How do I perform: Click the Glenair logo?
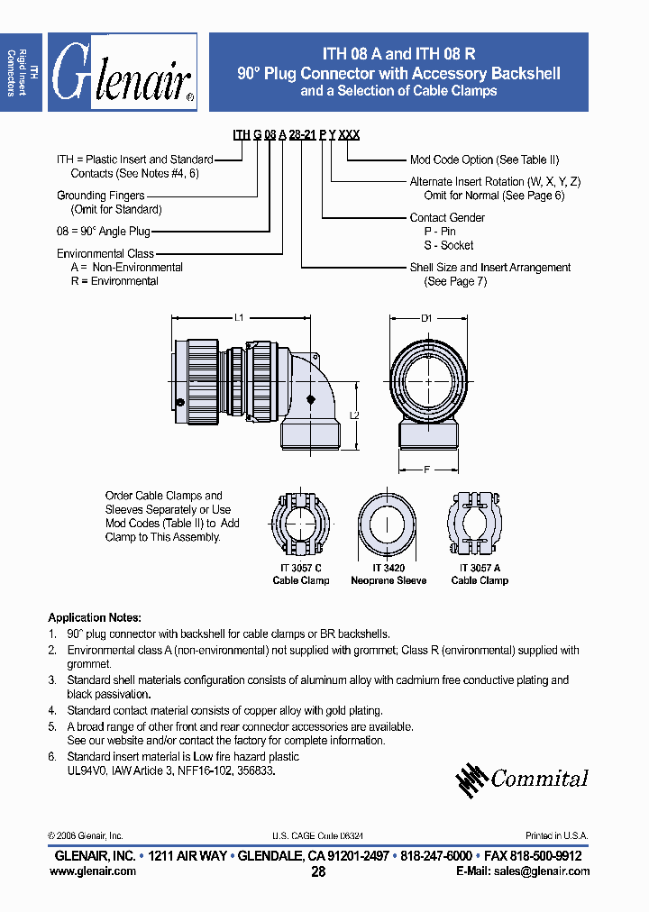(x=122, y=73)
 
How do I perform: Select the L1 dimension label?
(x=240, y=317)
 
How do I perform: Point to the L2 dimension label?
(x=354, y=415)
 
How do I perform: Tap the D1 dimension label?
(x=427, y=317)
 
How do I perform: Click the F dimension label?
(x=427, y=469)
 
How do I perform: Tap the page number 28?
(x=318, y=872)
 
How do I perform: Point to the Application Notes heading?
(x=94, y=618)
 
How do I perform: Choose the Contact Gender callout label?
(x=447, y=217)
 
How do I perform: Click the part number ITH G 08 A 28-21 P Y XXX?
(x=296, y=134)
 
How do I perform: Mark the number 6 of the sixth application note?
(x=51, y=757)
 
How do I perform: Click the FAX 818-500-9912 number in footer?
(x=532, y=855)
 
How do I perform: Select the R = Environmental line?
(x=114, y=281)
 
